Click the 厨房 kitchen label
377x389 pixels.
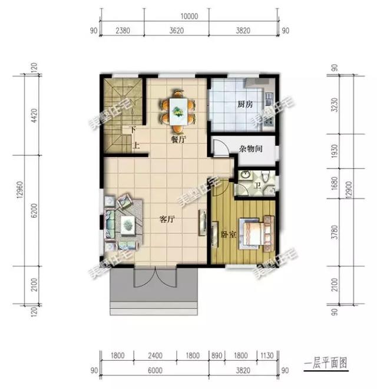pos(245,104)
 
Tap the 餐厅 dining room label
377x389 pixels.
pos(178,140)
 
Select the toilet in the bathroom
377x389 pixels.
pos(267,177)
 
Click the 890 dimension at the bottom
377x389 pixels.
pos(217,356)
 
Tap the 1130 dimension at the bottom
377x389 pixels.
pos(269,356)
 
